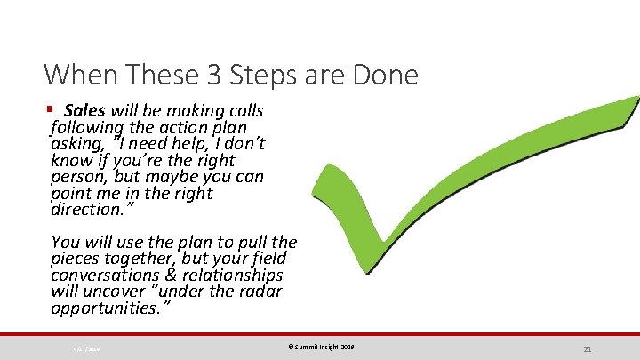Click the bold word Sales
point(84,111)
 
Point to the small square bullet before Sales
point(49,110)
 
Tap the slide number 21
point(588,348)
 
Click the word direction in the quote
point(85,211)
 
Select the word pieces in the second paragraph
point(76,259)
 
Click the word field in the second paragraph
point(268,259)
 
